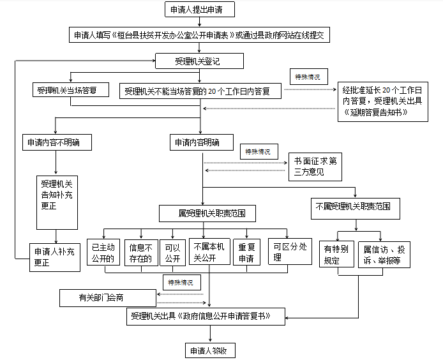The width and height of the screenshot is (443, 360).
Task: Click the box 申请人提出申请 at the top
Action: tap(200, 10)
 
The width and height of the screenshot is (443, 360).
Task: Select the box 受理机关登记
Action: tap(199, 61)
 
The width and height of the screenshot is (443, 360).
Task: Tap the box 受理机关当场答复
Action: tap(71, 89)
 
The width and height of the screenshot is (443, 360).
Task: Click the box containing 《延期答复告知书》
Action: tap(383, 101)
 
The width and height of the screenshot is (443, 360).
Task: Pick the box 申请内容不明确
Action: tap(57, 142)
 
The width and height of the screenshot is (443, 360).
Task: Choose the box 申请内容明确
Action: tap(202, 142)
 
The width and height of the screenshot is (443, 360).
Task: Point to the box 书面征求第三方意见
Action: tap(315, 167)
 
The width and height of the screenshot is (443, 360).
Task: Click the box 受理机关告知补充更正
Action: tap(57, 202)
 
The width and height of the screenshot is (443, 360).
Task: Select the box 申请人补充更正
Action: tap(55, 257)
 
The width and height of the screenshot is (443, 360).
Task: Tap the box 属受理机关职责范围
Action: tap(207, 213)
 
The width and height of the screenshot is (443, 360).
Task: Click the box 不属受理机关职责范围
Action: tap(356, 209)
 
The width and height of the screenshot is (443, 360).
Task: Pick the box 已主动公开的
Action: tap(103, 252)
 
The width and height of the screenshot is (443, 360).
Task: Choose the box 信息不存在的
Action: tap(141, 253)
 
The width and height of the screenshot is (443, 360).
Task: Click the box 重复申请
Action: tap(246, 252)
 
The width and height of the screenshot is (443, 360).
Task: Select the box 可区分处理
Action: tap(290, 251)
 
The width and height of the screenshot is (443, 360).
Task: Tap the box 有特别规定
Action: tap(336, 254)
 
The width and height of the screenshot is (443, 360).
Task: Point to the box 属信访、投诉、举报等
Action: tap(384, 254)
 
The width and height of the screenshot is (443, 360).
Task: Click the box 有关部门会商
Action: tap(108, 298)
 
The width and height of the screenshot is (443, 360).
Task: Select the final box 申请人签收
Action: tap(210, 350)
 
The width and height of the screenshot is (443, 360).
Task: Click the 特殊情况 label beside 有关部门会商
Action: tap(182, 282)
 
